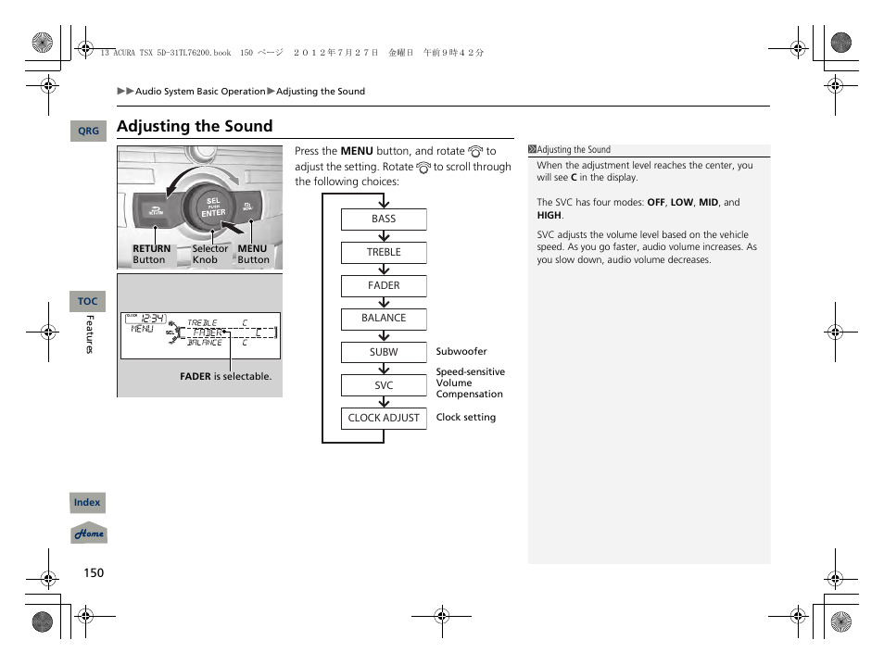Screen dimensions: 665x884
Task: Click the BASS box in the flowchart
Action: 384,220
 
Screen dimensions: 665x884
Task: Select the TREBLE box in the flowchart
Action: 384,252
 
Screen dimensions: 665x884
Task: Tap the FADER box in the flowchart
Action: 384,285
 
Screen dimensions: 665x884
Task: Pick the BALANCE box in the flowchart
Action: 384,319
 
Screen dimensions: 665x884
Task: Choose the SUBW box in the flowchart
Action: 384,352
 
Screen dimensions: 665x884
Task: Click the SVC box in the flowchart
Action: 384,385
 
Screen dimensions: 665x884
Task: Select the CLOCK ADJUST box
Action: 384,418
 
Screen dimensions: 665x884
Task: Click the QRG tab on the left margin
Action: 88,132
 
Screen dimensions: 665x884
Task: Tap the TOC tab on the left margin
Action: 88,301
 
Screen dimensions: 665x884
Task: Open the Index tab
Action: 87,503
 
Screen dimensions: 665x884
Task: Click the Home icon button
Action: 89,533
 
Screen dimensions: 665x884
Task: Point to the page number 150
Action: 94,572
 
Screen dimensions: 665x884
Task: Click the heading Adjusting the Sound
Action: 195,126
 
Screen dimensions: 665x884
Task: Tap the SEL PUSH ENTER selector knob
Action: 213,207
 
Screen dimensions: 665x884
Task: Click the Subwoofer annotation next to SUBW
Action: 461,352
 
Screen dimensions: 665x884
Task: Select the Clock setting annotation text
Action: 466,418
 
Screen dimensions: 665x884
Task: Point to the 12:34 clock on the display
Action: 152,318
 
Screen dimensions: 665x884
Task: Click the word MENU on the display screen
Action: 142,329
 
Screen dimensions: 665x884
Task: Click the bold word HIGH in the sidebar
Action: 549,215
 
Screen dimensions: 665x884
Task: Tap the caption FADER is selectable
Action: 225,377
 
